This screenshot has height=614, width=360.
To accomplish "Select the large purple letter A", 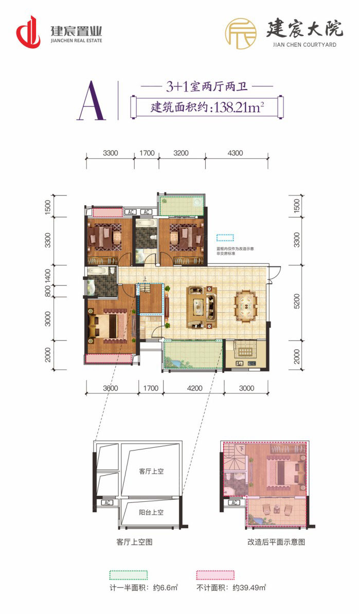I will (x=92, y=101).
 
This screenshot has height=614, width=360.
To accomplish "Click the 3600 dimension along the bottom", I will (x=111, y=388).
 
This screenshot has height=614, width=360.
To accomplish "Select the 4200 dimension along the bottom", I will (x=193, y=388).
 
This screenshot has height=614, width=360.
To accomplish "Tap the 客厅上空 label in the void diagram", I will (x=151, y=471).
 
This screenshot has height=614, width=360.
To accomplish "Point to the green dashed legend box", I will (x=128, y=574).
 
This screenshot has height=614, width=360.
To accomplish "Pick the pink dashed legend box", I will (x=215, y=574).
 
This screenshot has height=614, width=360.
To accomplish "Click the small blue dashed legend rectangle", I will (x=225, y=238).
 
